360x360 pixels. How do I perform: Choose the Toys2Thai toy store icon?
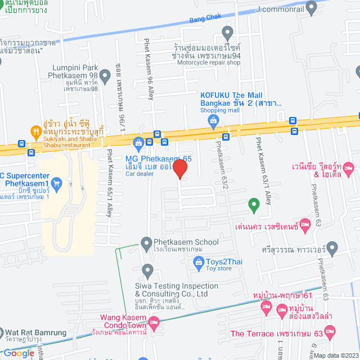point(198,261)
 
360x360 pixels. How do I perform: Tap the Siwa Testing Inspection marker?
point(147,269)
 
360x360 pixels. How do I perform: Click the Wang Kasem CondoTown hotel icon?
point(154,321)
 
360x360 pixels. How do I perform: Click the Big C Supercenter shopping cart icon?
point(56,183)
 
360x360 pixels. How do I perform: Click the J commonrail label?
point(280,8)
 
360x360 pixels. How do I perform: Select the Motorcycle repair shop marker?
point(227,31)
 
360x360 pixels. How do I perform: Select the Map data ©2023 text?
point(335,355)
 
